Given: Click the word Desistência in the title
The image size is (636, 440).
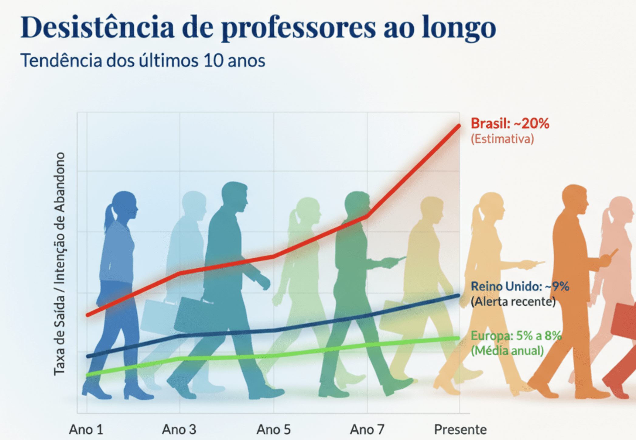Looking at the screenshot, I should point(97,27).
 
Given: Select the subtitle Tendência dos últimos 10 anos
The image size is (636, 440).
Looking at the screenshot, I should point(143,60).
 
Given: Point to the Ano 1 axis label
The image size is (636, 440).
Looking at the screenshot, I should point(86,430).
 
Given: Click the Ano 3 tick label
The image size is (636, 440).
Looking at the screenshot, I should point(179,430).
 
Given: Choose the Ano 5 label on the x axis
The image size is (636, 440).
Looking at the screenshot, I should point(273,430).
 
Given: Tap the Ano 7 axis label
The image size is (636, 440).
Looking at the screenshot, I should point(367,430).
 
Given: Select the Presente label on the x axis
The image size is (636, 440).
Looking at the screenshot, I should point(460,430).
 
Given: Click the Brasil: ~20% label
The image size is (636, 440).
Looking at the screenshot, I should point(510,123).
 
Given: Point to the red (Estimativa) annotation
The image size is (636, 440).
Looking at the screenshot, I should point(502,139).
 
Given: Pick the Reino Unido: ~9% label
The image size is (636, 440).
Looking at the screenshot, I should point(520,286).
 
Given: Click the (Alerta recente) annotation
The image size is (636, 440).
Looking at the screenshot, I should point(513,301).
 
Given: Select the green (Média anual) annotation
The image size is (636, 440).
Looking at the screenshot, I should point(507,351).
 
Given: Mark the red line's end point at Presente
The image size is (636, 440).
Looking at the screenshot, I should point(459,126).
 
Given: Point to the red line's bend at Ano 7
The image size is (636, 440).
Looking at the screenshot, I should point(367,216).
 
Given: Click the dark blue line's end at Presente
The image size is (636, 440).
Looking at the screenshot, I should point(458,295).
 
